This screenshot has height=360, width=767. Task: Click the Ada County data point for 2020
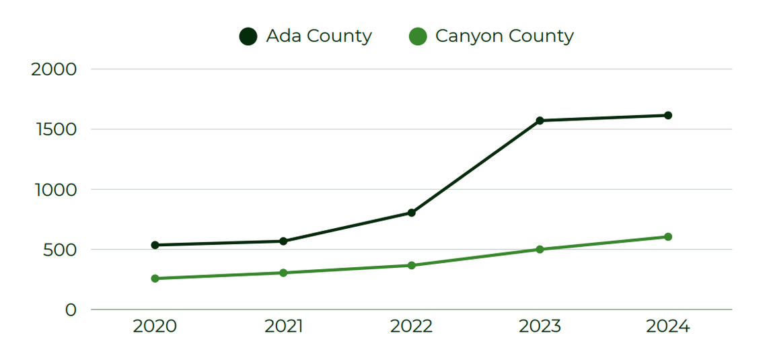tap(155, 245)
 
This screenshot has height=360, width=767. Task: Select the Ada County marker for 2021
tap(283, 241)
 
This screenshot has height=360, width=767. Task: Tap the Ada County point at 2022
tap(412, 213)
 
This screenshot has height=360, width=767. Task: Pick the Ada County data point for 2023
tap(540, 120)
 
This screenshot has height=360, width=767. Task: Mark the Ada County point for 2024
tap(668, 115)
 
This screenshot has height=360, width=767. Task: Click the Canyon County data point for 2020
tap(155, 279)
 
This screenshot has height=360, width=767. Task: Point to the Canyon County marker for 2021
tap(283, 273)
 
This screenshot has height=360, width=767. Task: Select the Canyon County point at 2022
tap(412, 265)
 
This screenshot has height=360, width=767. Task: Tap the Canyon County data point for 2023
tap(540, 249)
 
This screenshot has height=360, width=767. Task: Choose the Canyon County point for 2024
tap(668, 237)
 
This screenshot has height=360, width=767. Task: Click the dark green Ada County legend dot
tap(248, 36)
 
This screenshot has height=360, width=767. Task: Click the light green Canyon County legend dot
tap(418, 36)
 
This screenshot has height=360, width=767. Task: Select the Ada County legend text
tap(319, 36)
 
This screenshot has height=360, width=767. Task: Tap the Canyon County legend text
tap(505, 36)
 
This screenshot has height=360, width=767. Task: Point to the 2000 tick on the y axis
tap(54, 69)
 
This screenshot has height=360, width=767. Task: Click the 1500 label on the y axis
tap(55, 129)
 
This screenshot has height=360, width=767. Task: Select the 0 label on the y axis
tap(71, 310)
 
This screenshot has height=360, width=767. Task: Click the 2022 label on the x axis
tap(412, 326)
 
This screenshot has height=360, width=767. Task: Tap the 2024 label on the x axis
tap(668, 326)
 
